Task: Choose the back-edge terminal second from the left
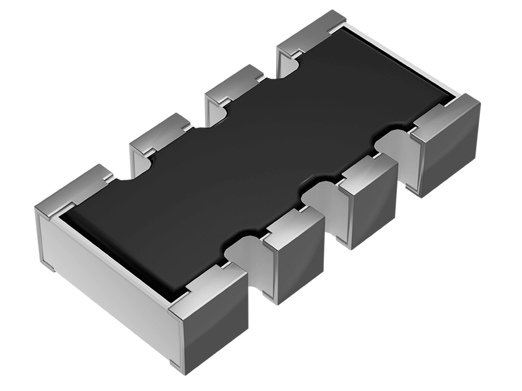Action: pyautogui.click(x=160, y=132)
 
